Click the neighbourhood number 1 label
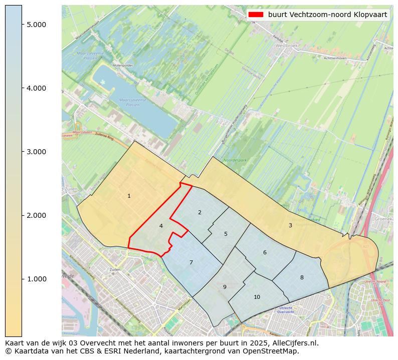pyautogui.click(x=129, y=196)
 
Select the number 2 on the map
pyautogui.click(x=200, y=212)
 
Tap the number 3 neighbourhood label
pyautogui.click(x=290, y=225)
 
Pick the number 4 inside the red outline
pyautogui.click(x=161, y=226)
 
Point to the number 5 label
pyautogui.click(x=226, y=234)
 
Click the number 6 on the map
pyautogui.click(x=265, y=252)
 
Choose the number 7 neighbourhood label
pyautogui.click(x=191, y=262)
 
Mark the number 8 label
pyautogui.click(x=302, y=277)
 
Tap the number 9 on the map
pyautogui.click(x=225, y=287)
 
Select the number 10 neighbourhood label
pyautogui.click(x=257, y=297)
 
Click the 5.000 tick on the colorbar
pyautogui.click(x=37, y=25)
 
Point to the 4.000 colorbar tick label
pyautogui.click(x=37, y=88)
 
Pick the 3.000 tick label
pyautogui.click(x=37, y=152)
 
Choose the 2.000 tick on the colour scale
pyautogui.click(x=37, y=215)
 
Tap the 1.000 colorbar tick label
pyautogui.click(x=37, y=279)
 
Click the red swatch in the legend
pyautogui.click(x=256, y=15)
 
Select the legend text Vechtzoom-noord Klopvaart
pyautogui.click(x=327, y=15)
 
